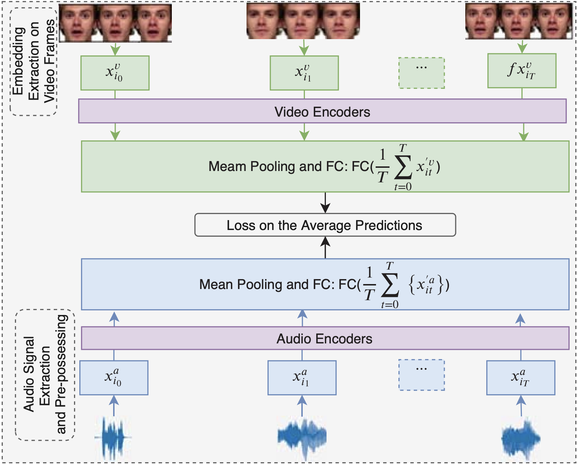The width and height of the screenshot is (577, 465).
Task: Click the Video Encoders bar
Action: coord(322,111)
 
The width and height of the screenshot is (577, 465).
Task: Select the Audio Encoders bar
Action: coord(324,338)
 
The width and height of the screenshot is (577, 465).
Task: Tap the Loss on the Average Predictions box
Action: coord(325,225)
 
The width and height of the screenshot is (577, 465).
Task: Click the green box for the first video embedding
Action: coord(115,73)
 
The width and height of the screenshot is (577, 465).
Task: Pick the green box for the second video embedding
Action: coord(304,73)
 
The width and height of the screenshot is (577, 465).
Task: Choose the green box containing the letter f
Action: coord(522,71)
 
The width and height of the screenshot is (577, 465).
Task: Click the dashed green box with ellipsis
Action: coord(421,73)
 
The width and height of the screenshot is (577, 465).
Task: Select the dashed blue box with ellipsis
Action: coord(421,375)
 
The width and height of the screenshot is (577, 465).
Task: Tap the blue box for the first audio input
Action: coord(113,378)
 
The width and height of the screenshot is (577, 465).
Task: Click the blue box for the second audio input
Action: coord(302,378)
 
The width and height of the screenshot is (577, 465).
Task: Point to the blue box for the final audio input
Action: coord(520,378)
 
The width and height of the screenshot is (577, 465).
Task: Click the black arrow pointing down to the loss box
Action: coord(325,203)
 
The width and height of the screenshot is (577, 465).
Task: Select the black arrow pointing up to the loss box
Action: coord(325,247)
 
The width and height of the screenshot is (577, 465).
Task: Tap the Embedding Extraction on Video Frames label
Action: coord(33,62)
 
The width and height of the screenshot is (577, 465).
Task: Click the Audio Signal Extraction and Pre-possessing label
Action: coord(45,375)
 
